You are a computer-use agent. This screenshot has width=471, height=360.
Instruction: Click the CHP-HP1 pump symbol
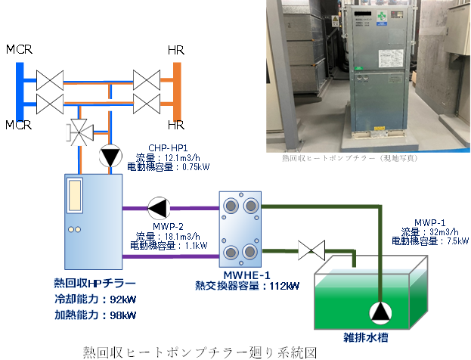click(110, 156)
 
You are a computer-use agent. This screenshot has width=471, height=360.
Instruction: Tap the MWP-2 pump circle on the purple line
click(159, 208)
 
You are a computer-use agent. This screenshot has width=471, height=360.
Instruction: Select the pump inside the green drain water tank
click(380, 313)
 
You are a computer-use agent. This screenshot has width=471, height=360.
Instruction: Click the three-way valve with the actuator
click(79, 132)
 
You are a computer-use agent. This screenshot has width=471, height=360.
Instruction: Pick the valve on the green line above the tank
click(311, 250)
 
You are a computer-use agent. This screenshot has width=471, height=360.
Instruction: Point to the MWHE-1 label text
click(246, 275)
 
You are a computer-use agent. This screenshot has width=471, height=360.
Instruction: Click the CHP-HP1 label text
click(168, 147)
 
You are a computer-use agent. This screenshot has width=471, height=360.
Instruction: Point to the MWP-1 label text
click(430, 222)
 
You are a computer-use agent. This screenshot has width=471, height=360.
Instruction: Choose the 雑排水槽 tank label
click(366, 337)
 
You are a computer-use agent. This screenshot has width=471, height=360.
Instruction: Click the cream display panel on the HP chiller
click(75, 195)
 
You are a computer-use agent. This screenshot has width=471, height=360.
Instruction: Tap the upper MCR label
click(19, 50)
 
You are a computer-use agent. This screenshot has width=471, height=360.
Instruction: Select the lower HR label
click(176, 125)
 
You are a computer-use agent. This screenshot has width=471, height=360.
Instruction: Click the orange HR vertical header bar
click(177, 92)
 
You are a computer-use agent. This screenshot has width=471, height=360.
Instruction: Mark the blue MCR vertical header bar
click(20, 92)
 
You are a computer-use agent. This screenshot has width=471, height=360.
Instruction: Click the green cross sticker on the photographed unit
click(382, 16)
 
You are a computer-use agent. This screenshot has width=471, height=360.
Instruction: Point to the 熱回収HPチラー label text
click(95, 283)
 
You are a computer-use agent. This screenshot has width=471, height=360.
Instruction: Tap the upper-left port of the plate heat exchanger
click(231, 206)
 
